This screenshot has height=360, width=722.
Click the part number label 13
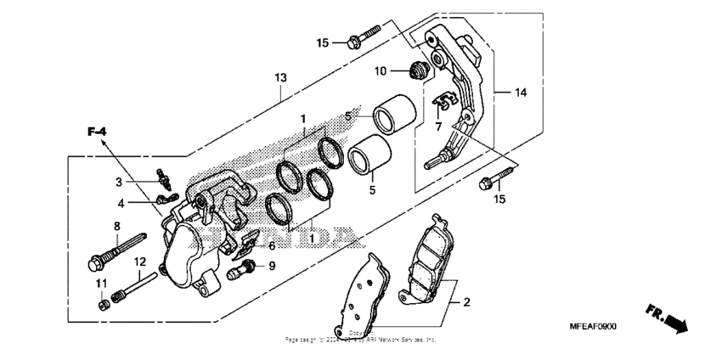[x=280, y=77]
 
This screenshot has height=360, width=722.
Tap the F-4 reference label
[x=96, y=132]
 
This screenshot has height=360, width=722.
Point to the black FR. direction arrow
[x=675, y=323]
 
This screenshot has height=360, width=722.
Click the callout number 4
[x=121, y=203]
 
